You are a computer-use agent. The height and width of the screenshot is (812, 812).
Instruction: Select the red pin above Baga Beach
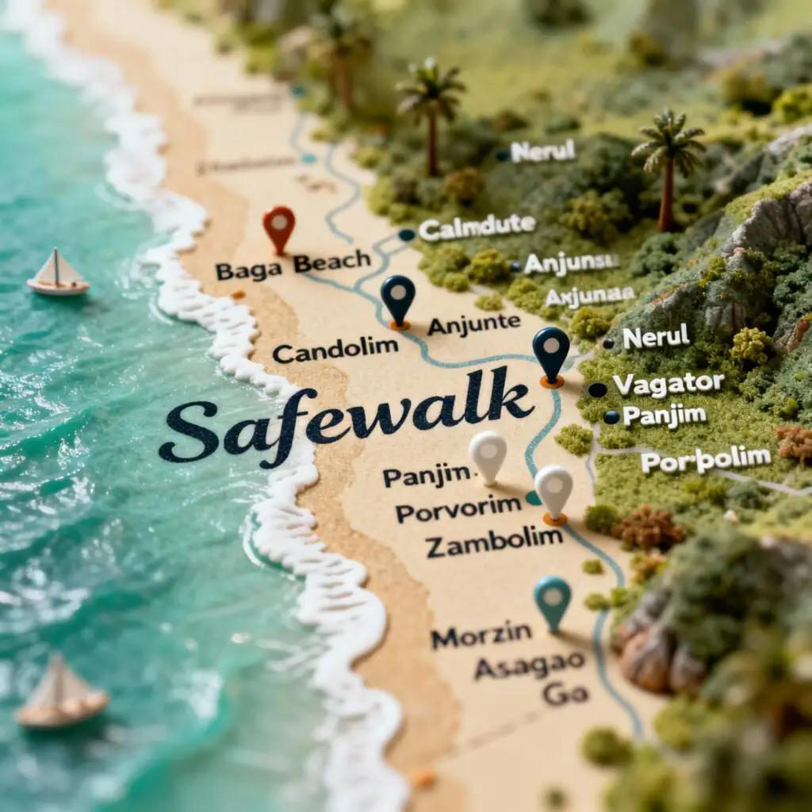click(x=279, y=226)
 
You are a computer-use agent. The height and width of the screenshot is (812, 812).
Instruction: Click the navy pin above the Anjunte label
click(x=398, y=297)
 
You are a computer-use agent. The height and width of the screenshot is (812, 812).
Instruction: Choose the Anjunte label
click(x=473, y=324)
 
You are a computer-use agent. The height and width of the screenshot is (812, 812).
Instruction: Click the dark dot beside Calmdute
click(x=407, y=235)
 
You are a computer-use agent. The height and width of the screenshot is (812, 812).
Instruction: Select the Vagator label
click(x=668, y=385)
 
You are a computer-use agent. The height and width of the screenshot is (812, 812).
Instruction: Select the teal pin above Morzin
click(x=552, y=599)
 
